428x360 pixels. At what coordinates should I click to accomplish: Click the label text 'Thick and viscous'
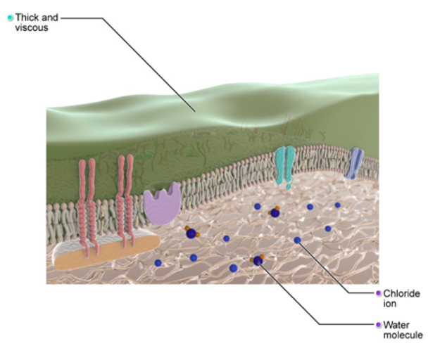(x=37, y=22)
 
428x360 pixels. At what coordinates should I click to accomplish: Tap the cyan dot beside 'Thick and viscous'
(x=10, y=18)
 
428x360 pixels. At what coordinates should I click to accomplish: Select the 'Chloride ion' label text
(x=401, y=298)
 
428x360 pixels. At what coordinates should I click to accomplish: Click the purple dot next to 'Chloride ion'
(x=378, y=293)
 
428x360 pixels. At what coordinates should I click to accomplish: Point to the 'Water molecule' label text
(x=403, y=330)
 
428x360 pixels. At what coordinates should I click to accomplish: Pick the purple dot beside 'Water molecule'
(x=378, y=325)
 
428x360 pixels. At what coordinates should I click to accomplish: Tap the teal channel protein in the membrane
(x=284, y=165)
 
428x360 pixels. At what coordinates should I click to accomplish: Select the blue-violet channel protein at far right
(x=354, y=163)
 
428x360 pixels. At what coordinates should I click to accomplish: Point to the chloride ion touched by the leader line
(x=297, y=240)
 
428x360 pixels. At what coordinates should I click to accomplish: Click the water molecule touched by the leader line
(x=258, y=260)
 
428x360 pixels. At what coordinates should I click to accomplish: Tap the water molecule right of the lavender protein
(x=191, y=233)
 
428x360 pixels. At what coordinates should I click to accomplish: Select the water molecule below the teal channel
(x=275, y=212)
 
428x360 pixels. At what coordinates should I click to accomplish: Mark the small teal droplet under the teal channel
(x=289, y=187)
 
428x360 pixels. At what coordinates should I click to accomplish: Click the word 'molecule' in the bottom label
(x=403, y=335)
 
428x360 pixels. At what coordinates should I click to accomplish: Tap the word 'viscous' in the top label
(x=32, y=27)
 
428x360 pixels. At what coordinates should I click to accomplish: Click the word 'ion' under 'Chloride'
(x=389, y=304)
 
